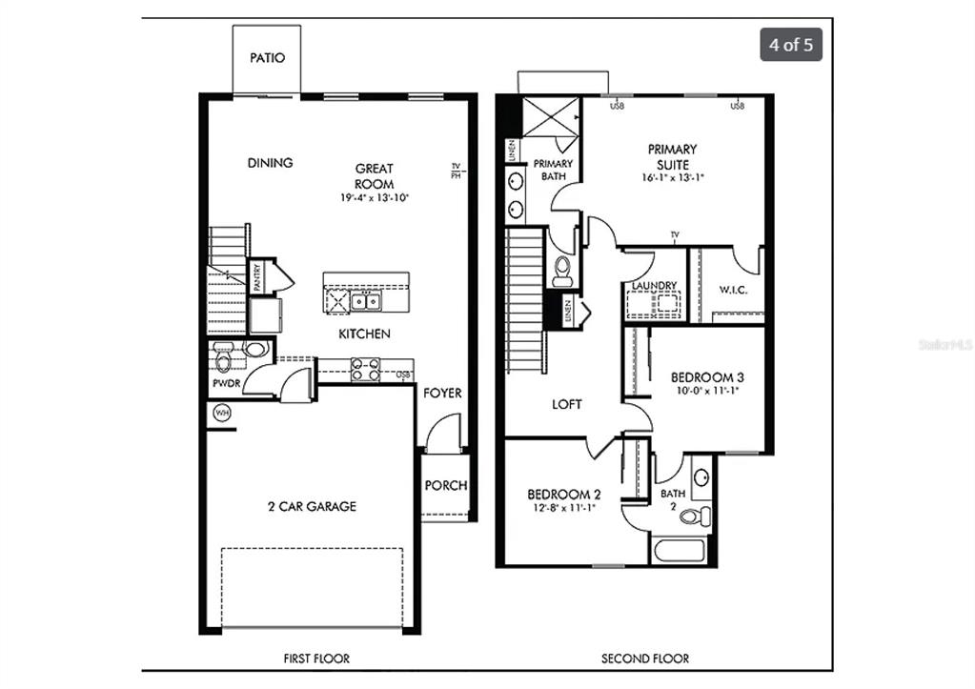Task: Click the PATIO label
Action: click(267, 58)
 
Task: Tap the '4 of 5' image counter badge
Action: click(790, 45)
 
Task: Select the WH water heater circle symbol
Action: click(221, 413)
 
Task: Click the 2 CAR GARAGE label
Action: click(312, 506)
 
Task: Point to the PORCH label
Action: click(445, 485)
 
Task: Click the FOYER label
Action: click(442, 393)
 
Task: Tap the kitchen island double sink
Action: click(365, 302)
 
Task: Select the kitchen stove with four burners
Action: click(365, 369)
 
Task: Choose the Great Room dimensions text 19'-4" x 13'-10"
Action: click(374, 198)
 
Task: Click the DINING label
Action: click(270, 163)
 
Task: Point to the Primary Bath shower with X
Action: click(551, 119)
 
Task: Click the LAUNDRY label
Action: click(654, 286)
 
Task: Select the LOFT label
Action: click(567, 404)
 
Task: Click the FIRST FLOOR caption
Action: click(316, 659)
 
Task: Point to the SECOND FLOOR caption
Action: click(644, 659)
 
